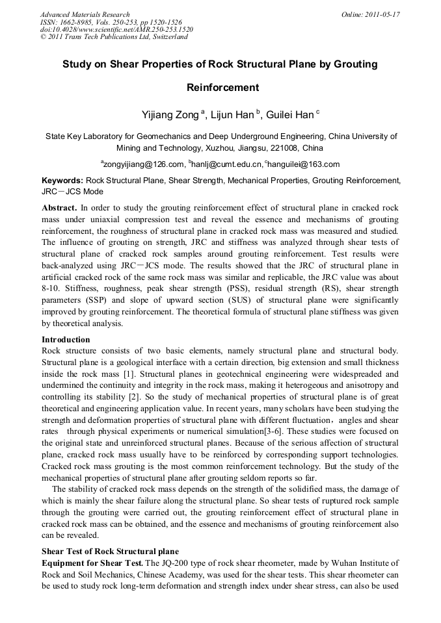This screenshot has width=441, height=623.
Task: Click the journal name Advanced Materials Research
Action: (x=85, y=14)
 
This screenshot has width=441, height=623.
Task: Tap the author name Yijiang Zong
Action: (x=171, y=115)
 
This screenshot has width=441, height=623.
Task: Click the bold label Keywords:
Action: (x=62, y=180)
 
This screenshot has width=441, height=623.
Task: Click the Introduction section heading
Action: (x=66, y=340)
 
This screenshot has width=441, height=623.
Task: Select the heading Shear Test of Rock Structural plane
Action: (x=110, y=552)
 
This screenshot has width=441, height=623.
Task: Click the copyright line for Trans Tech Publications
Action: (x=114, y=37)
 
